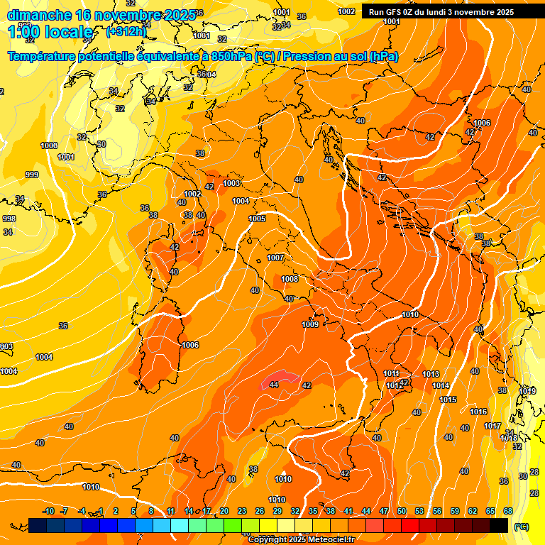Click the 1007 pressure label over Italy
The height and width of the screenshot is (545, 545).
(x=275, y=258)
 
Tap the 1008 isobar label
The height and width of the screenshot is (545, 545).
(x=290, y=279)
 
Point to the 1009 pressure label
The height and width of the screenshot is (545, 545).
(x=310, y=324)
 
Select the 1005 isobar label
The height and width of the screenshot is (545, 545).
(x=257, y=219)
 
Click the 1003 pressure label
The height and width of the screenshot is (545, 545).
(x=231, y=183)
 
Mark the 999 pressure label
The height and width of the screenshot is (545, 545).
(x=32, y=175)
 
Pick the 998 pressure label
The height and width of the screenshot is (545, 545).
(x=9, y=219)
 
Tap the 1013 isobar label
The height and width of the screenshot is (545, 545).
(x=431, y=374)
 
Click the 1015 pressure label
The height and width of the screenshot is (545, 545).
(x=448, y=400)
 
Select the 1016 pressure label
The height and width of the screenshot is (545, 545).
(x=478, y=412)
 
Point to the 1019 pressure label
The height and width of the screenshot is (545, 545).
(x=527, y=391)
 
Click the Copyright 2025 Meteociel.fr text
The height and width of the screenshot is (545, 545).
(x=301, y=540)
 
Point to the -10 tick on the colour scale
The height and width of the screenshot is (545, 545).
(x=48, y=511)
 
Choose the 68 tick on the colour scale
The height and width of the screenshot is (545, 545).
(x=508, y=511)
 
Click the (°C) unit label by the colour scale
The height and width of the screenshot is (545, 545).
(x=521, y=527)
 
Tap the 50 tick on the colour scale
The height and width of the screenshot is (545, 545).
(x=402, y=511)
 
